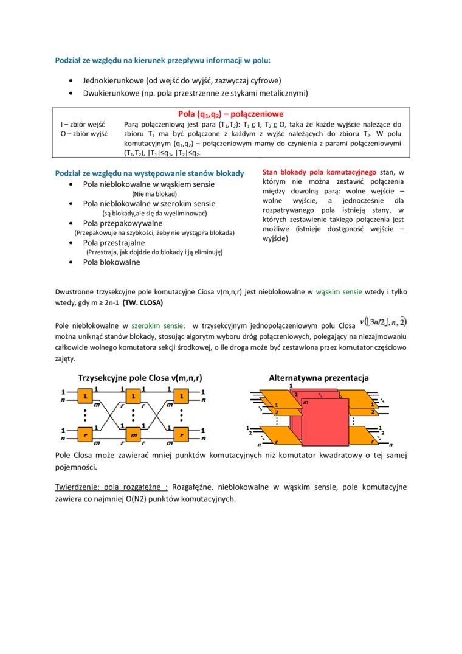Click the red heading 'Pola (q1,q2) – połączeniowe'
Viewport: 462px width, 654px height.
coord(230,114)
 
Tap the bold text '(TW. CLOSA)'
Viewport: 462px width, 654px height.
coord(143,302)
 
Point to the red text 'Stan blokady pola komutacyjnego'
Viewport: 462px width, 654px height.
coord(319,172)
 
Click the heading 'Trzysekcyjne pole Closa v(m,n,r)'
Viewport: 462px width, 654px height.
coord(140,378)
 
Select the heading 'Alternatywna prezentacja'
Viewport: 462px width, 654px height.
coord(319,378)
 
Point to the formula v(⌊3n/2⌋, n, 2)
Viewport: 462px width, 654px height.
coord(384,321)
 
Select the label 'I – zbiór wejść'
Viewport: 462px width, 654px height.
coord(82,124)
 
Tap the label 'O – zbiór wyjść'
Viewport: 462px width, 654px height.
coord(83,133)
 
